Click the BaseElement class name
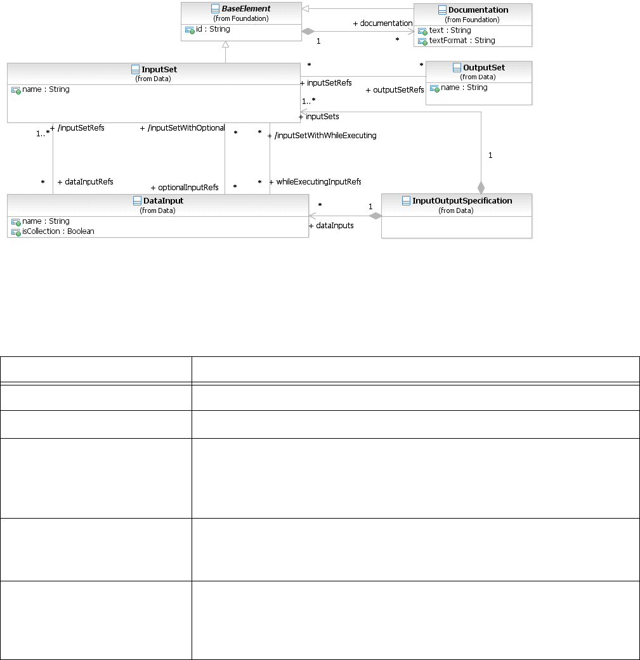coord(246,10)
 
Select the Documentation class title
coord(478,10)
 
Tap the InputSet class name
coord(159,69)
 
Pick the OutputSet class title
coord(483,67)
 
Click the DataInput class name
coord(163,200)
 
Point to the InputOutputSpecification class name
coord(462,200)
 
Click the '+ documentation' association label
coord(382,23)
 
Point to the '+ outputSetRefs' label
coord(395,90)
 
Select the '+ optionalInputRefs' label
coord(185,188)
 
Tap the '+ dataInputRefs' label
coord(85,182)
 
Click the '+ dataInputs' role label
coord(331,225)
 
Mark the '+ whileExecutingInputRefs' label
coord(315,182)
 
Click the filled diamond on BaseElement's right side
coord(308,30)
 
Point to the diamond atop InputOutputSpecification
coord(481,187)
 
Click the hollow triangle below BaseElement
coord(226,44)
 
